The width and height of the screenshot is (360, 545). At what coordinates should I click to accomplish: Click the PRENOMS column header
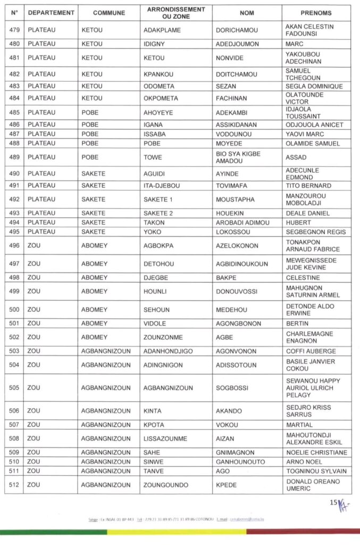(316, 13)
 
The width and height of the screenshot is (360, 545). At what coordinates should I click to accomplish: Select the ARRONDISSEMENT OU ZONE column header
(175, 13)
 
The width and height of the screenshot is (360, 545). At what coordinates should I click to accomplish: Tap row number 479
(14, 30)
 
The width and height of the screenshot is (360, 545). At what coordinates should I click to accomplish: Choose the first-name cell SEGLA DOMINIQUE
(314, 86)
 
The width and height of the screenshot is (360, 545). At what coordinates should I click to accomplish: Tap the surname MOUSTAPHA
(235, 200)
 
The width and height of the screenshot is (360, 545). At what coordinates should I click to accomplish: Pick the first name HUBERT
(297, 222)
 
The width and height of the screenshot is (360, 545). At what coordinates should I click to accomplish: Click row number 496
(14, 245)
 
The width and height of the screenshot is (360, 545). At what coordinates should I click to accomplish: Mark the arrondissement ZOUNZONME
(166, 337)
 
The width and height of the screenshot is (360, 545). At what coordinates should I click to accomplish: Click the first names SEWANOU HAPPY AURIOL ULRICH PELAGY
(313, 388)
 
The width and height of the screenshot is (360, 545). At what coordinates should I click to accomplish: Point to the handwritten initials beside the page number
(344, 502)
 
